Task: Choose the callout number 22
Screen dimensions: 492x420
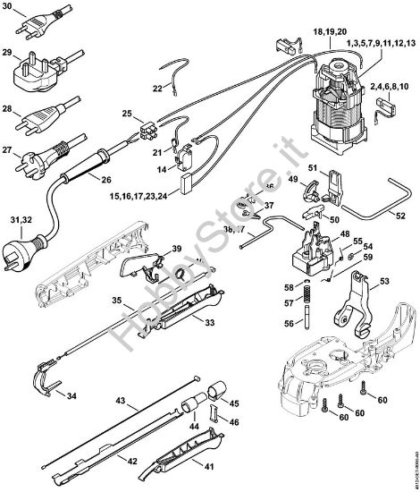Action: pyautogui.click(x=157, y=89)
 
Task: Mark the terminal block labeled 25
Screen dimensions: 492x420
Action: pyautogui.click(x=151, y=132)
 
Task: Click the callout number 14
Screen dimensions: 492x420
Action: pyautogui.click(x=163, y=167)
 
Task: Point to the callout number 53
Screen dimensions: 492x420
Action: pyautogui.click(x=385, y=281)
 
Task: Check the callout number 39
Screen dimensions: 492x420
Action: pyautogui.click(x=177, y=248)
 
